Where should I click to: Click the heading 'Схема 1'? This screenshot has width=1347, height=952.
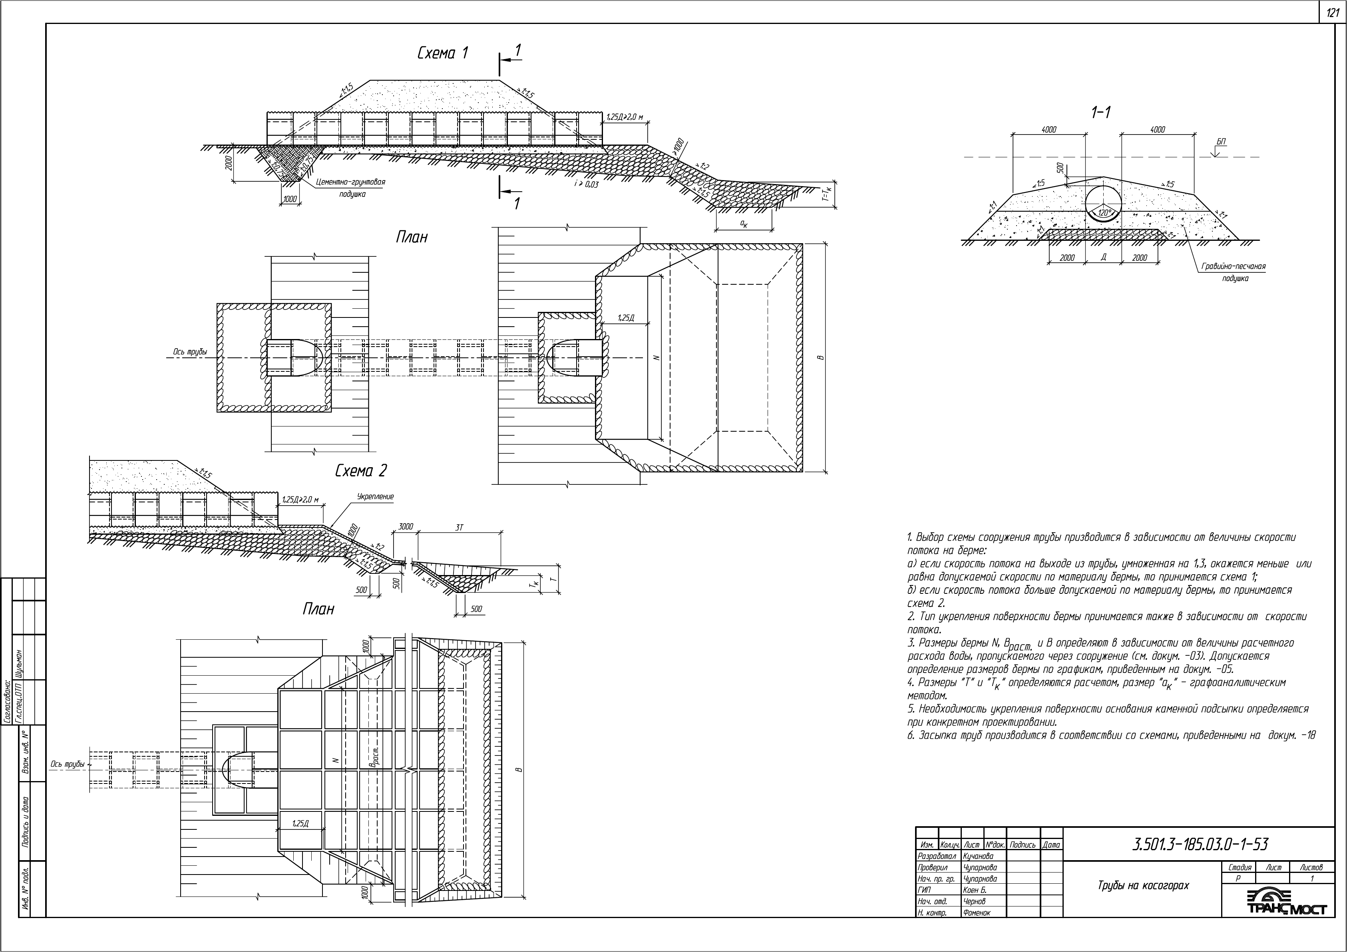[442, 54]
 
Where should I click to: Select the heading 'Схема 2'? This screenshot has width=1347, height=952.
[361, 471]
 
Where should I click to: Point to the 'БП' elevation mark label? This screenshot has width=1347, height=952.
[1221, 142]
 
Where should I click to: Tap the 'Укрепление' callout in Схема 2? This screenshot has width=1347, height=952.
[376, 496]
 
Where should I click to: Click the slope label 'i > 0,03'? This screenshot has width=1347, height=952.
[587, 184]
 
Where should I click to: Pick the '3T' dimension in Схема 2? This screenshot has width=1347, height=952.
[460, 528]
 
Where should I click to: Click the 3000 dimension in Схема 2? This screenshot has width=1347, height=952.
[406, 526]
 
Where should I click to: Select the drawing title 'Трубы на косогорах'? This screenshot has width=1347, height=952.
[1144, 885]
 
